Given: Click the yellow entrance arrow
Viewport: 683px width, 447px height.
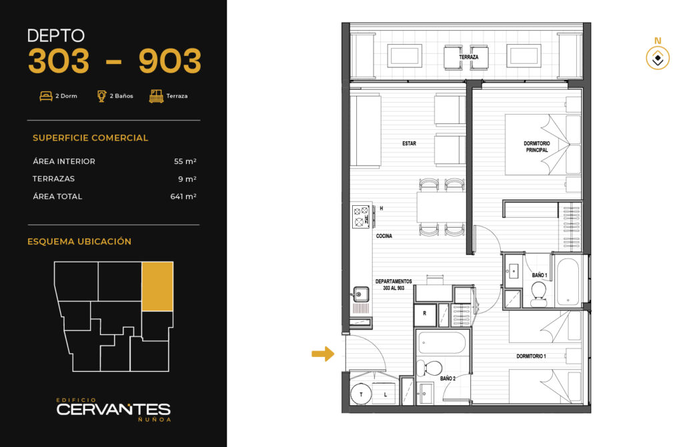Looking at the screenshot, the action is pyautogui.click(x=323, y=354).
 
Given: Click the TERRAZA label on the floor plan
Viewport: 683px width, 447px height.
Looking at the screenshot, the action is pyautogui.click(x=469, y=57).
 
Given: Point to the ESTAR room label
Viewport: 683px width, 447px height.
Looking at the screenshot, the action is pyautogui.click(x=409, y=143).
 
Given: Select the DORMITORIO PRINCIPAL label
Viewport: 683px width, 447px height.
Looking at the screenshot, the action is pyautogui.click(x=537, y=147).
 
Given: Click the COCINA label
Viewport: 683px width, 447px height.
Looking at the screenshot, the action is pyautogui.click(x=384, y=236).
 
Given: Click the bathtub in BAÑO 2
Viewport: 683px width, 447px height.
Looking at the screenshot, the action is pyautogui.click(x=443, y=343).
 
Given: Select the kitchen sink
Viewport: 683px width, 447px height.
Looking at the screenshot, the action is pyautogui.click(x=360, y=294).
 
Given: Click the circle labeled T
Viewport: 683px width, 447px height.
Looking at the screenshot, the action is pyautogui.click(x=361, y=394).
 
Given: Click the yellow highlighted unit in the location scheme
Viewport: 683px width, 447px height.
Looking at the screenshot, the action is pyautogui.click(x=157, y=286).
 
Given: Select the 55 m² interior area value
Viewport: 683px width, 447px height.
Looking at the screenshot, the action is pyautogui.click(x=185, y=161).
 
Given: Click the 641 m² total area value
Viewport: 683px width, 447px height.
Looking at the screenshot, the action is pyautogui.click(x=183, y=197).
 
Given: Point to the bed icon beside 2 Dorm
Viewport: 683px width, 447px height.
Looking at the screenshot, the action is pyautogui.click(x=46, y=96).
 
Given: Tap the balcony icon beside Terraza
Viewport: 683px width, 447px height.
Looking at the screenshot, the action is pyautogui.click(x=156, y=96).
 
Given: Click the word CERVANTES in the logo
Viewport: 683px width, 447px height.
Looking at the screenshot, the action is pyautogui.click(x=113, y=409).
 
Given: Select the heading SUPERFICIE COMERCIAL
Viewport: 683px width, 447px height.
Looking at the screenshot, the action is pyautogui.click(x=90, y=138).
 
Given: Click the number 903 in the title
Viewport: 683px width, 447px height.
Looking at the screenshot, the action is pyautogui.click(x=170, y=61).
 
